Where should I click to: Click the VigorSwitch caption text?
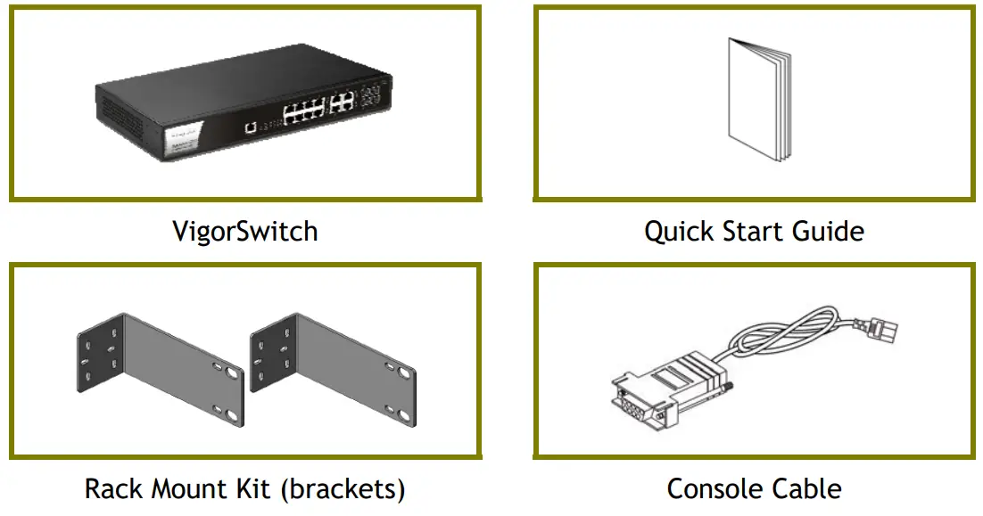click(x=244, y=232)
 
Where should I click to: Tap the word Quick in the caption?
click(x=675, y=232)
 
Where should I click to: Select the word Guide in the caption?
click(x=830, y=232)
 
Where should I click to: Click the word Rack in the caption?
click(x=113, y=488)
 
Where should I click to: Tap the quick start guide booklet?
click(x=758, y=101)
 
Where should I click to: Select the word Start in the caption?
click(x=752, y=232)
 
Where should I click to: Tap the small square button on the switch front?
click(x=252, y=127)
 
